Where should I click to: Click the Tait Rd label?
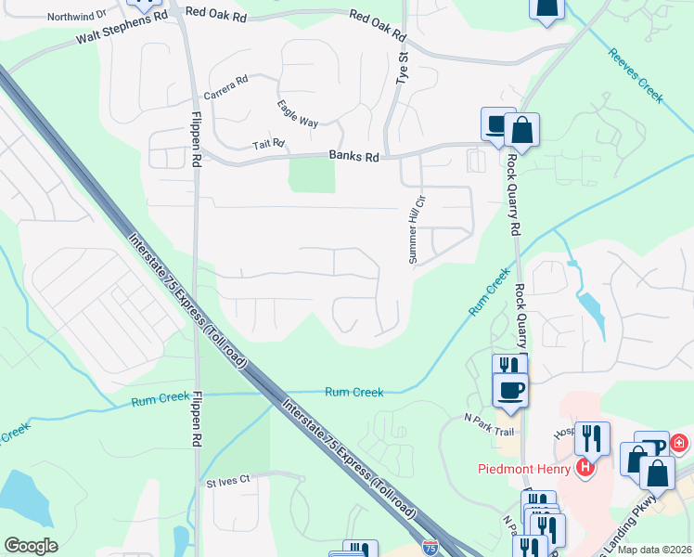tap(268, 145)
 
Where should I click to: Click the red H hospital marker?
tap(585, 467)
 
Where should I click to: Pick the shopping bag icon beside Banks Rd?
tap(522, 131)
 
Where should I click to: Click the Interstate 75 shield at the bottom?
tap(430, 548)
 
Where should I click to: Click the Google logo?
tap(31, 546)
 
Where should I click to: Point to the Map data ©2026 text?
tap(653, 550)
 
